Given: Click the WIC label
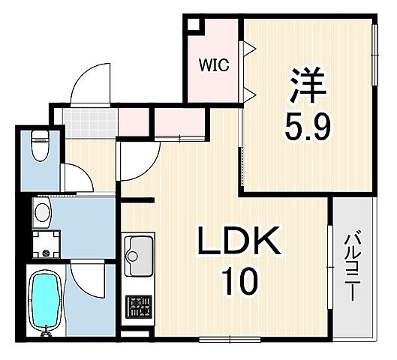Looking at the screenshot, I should pos(213,64).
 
